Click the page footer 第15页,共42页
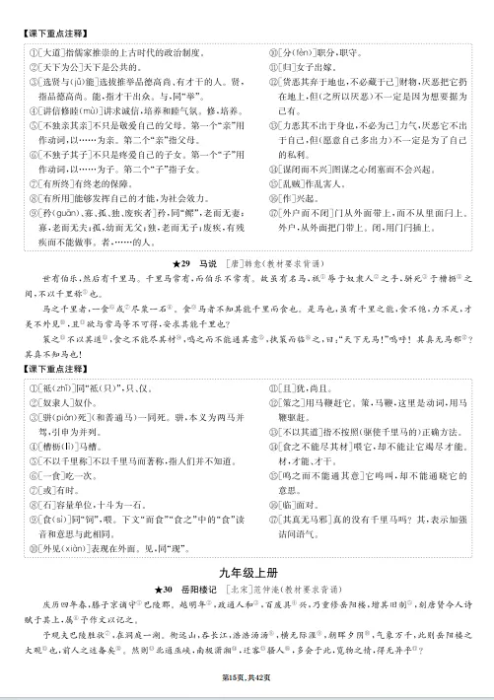coord(247,676)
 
